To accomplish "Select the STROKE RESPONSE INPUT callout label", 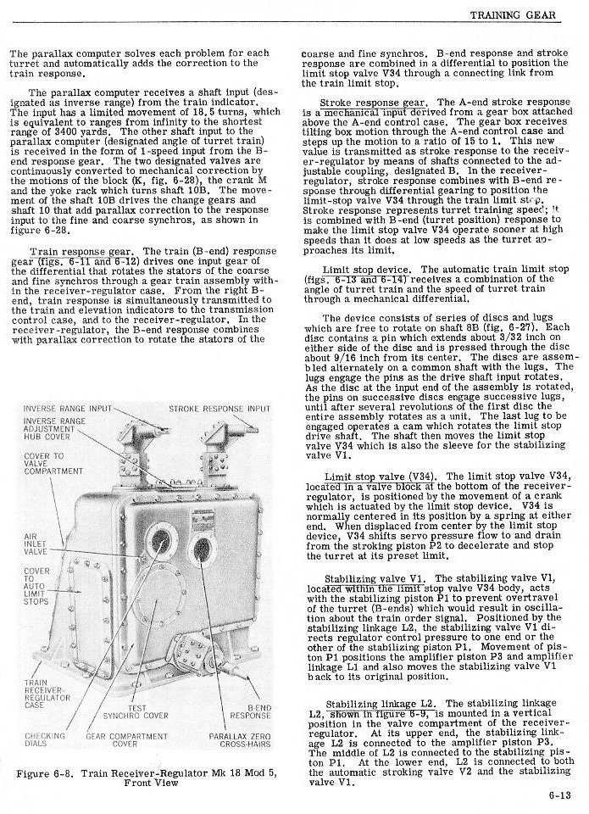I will point(219,408).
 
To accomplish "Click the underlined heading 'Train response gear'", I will point(80,252).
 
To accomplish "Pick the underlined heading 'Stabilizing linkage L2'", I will point(381,704).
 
